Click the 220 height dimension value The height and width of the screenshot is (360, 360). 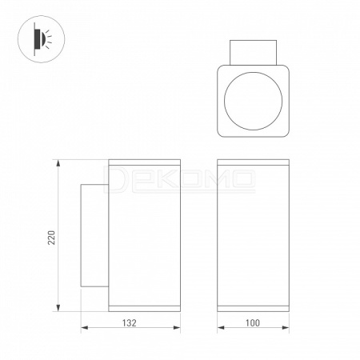click(x=51, y=238)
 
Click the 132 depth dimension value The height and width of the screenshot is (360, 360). click(x=130, y=323)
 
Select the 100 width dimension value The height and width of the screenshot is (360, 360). click(x=253, y=323)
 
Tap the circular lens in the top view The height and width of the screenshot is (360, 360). click(x=253, y=101)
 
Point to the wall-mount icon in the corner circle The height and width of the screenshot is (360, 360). click(x=42, y=39)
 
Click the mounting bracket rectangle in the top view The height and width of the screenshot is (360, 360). click(x=253, y=53)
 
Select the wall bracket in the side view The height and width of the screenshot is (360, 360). click(x=94, y=235)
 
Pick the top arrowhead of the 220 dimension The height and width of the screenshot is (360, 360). click(x=58, y=163)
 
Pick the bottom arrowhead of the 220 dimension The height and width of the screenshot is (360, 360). click(x=58, y=308)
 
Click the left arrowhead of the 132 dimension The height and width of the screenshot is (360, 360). click(x=84, y=327)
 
